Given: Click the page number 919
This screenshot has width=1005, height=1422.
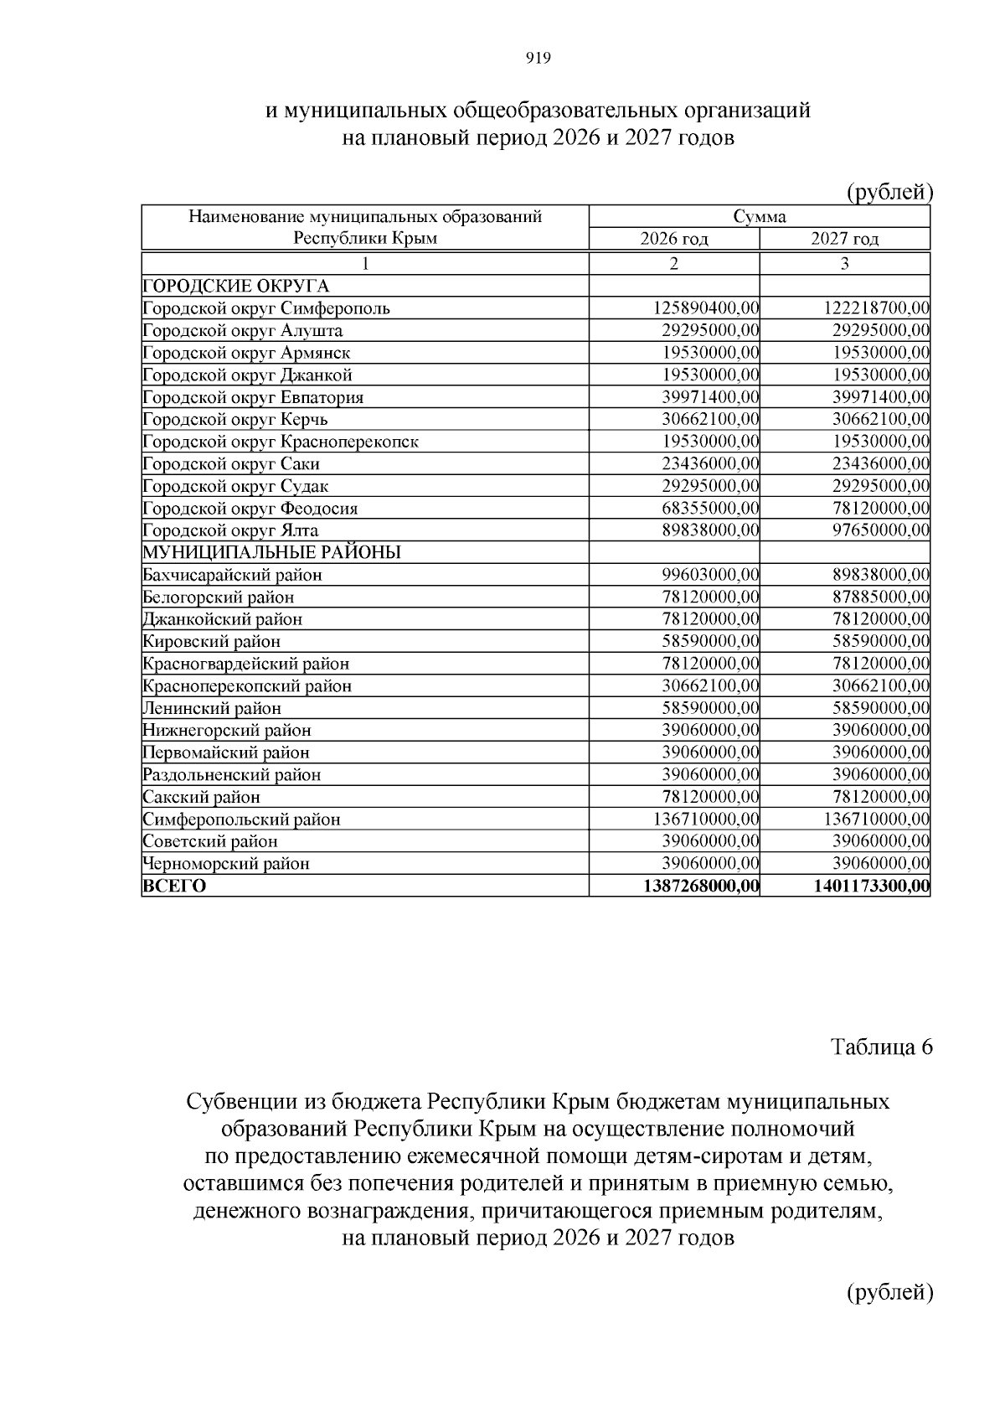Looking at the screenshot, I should point(538,58).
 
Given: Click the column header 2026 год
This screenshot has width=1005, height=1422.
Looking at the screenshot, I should point(674,239).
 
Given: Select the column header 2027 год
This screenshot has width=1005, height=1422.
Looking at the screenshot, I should point(844,239).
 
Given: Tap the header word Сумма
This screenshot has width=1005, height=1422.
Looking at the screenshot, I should point(760,217).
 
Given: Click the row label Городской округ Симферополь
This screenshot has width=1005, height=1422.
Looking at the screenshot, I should point(266,308).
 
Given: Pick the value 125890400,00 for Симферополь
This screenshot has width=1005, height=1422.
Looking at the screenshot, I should point(706,308).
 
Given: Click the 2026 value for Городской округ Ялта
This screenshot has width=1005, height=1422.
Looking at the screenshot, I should point(710,530).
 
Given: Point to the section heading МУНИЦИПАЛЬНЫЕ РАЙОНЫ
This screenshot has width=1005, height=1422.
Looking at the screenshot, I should point(271,553).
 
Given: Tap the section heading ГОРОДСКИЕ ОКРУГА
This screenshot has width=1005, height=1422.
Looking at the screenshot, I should point(236,286).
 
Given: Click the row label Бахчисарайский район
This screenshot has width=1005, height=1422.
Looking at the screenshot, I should point(232,575).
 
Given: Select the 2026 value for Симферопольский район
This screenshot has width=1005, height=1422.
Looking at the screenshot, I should point(706,820).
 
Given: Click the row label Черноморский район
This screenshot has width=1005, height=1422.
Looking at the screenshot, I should point(226,864).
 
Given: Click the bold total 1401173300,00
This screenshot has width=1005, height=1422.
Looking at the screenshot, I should point(871,887).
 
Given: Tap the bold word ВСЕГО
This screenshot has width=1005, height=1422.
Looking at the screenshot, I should point(174,887).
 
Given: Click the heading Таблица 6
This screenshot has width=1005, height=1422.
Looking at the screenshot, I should point(881,1047).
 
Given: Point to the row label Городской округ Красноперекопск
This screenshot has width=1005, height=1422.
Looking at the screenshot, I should point(281,442).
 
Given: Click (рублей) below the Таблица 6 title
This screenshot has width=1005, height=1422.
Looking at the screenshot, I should point(889,1292).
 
